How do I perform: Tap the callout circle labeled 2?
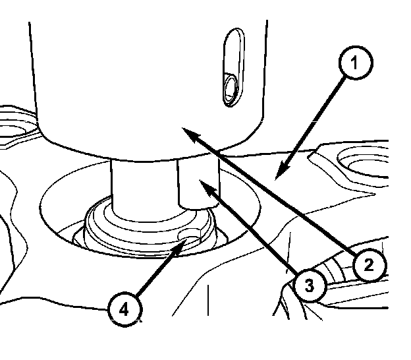click(368, 265)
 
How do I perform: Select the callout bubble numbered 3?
click(309, 285)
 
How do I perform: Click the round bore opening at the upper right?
click(364, 161)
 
